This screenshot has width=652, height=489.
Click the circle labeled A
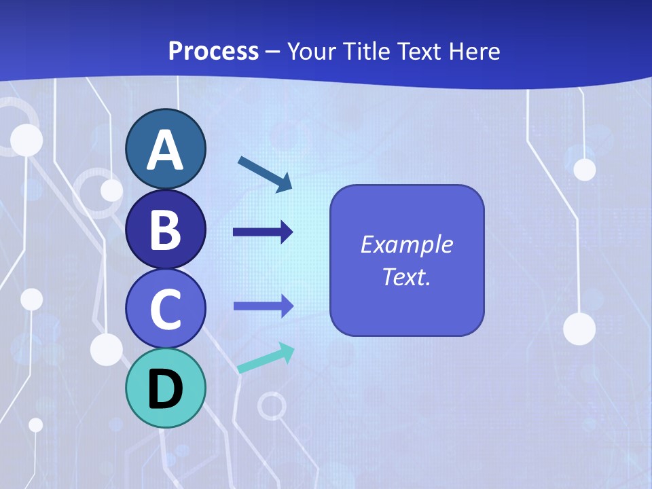point(165,149)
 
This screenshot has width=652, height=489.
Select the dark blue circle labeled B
point(165,229)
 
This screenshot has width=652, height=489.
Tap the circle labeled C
point(165,308)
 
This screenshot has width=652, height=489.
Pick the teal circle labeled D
point(165,388)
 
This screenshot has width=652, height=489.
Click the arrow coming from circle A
point(266,174)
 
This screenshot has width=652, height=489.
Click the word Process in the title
point(213,51)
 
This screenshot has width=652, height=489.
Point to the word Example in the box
point(406,244)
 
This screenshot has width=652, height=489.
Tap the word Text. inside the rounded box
point(406,277)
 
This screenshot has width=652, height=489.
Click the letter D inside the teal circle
point(165,390)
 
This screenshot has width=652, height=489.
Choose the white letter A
point(165,150)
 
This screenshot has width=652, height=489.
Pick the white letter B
point(165,230)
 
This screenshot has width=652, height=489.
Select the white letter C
point(165,310)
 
